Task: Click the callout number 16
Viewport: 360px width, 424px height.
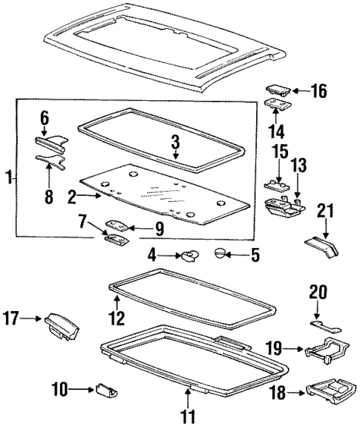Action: (x=319, y=91)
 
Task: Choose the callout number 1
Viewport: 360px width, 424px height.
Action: (x=8, y=177)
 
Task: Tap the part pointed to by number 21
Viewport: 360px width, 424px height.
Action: (x=321, y=244)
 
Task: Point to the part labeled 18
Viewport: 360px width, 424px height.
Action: (x=331, y=390)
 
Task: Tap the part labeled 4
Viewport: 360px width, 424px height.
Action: (x=190, y=258)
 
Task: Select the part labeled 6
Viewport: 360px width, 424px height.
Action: (x=50, y=140)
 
